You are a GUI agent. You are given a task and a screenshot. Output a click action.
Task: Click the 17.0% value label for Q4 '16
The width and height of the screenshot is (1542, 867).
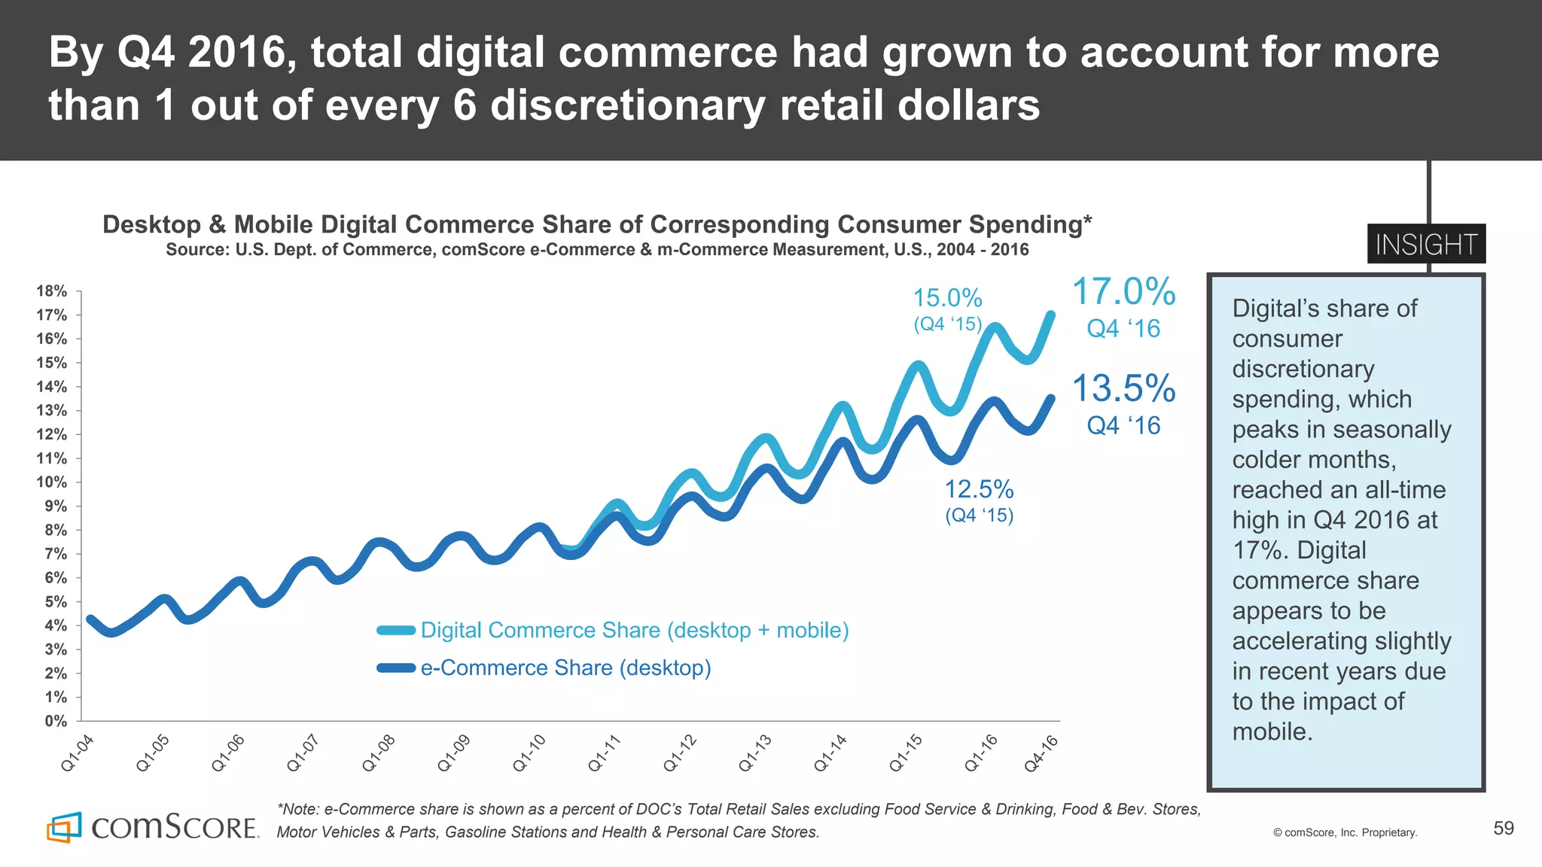[x=1123, y=292]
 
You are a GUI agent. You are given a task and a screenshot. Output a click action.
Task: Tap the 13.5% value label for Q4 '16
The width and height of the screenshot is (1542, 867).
[x=1123, y=389]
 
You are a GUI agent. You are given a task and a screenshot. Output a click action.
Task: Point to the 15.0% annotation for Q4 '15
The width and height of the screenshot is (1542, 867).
[x=947, y=299]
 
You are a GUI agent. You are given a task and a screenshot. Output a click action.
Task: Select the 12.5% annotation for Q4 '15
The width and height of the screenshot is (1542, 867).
[x=979, y=490]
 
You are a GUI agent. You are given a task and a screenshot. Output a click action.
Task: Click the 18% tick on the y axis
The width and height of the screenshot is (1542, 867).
[x=51, y=291]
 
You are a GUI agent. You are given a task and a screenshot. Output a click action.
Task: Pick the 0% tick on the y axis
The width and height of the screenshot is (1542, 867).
[x=55, y=721]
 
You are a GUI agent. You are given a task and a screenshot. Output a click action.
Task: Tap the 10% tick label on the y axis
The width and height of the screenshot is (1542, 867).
[x=51, y=482]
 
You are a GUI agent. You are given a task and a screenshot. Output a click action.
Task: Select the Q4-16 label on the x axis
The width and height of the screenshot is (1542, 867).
[x=1041, y=753]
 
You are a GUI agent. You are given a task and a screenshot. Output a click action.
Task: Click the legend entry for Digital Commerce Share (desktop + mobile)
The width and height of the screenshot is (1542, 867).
[x=634, y=631]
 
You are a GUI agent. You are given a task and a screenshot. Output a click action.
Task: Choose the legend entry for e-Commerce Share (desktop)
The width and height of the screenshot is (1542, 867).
[x=565, y=668]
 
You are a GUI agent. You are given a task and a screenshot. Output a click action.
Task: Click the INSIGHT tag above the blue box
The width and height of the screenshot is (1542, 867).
[x=1426, y=245]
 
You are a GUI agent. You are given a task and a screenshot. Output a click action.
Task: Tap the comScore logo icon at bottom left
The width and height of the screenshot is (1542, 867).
[x=64, y=828]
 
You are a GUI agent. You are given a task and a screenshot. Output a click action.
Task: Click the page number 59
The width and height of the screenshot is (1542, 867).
[x=1503, y=829]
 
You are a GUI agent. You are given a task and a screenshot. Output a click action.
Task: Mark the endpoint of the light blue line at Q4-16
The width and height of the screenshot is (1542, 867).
[x=1051, y=315]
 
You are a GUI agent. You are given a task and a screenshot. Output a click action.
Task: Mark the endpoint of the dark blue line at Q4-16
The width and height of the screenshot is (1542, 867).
[x=1051, y=399]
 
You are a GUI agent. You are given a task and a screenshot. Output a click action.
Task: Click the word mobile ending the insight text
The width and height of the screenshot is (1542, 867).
[x=1272, y=732]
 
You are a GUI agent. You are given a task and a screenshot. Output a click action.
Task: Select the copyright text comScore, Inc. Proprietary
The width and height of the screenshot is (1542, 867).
[x=1345, y=832]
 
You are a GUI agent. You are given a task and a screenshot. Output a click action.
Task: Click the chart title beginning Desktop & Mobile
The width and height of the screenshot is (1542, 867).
[x=597, y=225]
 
